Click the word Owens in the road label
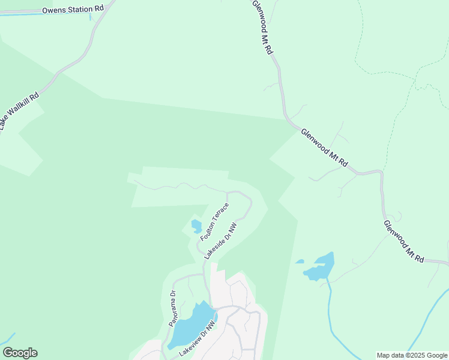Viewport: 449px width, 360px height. (x=55, y=10)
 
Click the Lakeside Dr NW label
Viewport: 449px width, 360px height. (x=220, y=241)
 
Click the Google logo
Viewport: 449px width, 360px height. (x=20, y=353)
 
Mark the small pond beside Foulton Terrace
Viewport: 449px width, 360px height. (x=196, y=226)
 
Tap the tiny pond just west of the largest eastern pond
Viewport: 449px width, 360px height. (x=300, y=262)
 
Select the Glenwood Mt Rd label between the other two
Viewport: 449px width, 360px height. (x=324, y=148)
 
